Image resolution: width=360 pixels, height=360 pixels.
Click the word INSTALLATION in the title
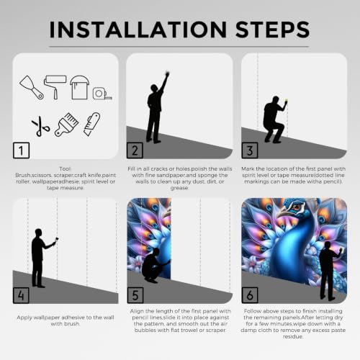coord(138,30)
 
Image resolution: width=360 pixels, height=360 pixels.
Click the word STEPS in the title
coord(273,30)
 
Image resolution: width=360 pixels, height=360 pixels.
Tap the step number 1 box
coord(21,150)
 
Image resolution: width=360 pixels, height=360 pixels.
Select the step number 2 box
coord(135,150)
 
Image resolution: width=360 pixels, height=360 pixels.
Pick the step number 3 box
coord(250,150)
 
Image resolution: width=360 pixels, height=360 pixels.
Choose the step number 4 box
coord(21,295)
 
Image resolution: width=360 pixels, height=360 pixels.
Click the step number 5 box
coord(135,295)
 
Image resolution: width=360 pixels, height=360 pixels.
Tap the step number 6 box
coord(250,295)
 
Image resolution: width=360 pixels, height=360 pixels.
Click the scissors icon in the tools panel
coord(40,127)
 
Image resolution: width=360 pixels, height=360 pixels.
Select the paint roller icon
coord(55,87)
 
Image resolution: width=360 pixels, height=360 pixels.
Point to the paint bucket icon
coord(79,87)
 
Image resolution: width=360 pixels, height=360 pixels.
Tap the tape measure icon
coord(102,94)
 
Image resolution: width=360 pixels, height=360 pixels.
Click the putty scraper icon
coord(32,88)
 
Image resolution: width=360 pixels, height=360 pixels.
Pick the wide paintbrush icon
coord(66,125)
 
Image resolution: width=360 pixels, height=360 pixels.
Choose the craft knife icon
coord(91,124)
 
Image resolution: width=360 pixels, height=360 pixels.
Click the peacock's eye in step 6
coord(297,207)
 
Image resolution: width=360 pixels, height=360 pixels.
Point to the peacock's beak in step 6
coord(282,212)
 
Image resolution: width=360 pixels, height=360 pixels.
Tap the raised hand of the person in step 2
coord(167,73)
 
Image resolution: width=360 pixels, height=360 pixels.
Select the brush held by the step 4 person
coord(57,239)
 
